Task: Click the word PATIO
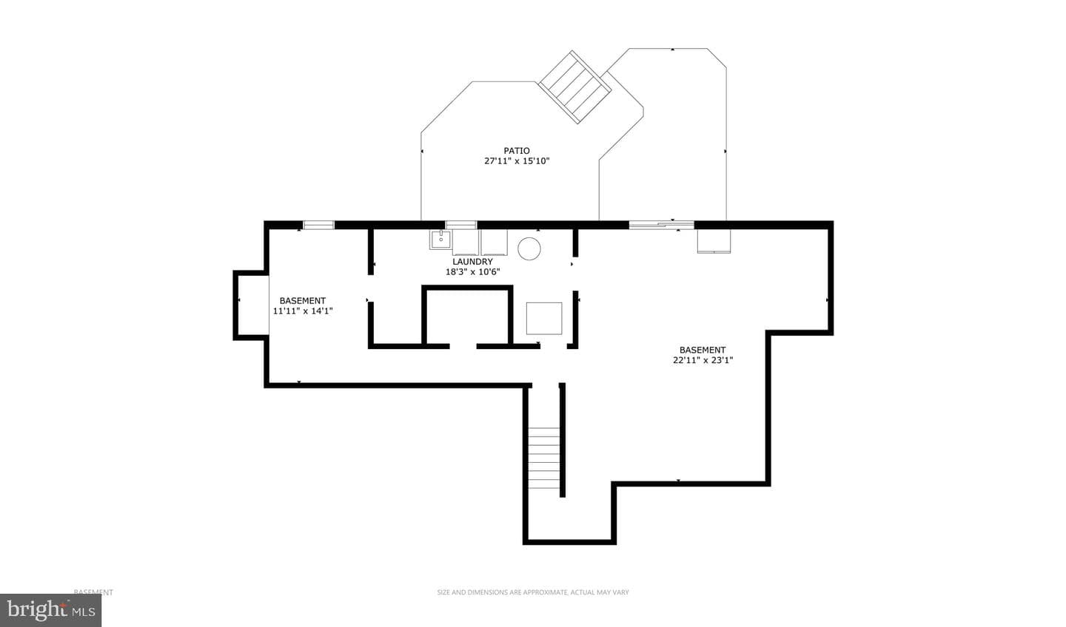pyautogui.click(x=517, y=151)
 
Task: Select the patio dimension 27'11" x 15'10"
pyautogui.click(x=517, y=161)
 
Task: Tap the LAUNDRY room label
pyautogui.click(x=472, y=262)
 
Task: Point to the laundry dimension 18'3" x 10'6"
pyautogui.click(x=472, y=272)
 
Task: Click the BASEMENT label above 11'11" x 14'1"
pyautogui.click(x=303, y=301)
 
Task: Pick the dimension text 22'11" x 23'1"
pyautogui.click(x=703, y=360)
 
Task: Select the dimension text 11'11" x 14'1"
pyautogui.click(x=303, y=311)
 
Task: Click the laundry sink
pyautogui.click(x=440, y=240)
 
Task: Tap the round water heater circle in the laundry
pyautogui.click(x=529, y=249)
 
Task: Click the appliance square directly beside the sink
pyautogui.click(x=466, y=243)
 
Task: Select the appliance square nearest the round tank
pyautogui.click(x=494, y=243)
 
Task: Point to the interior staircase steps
pyautogui.click(x=544, y=458)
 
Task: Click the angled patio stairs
pyautogui.click(x=575, y=87)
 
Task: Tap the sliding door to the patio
pyautogui.click(x=662, y=226)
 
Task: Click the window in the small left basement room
pyautogui.click(x=319, y=226)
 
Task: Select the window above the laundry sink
pyautogui.click(x=461, y=226)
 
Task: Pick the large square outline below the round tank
pyautogui.click(x=544, y=319)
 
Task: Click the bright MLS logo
pyautogui.click(x=50, y=610)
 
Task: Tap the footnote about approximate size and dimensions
pyautogui.click(x=533, y=592)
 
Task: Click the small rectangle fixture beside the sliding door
pyautogui.click(x=714, y=242)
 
